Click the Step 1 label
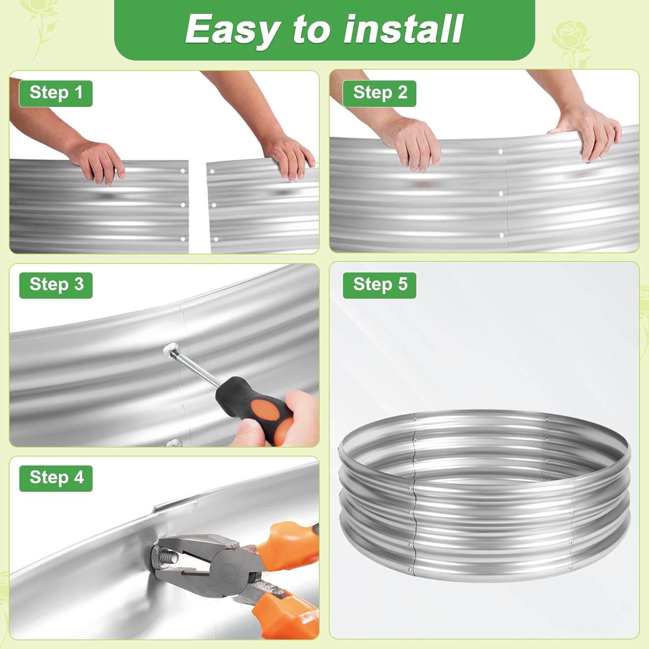tap(56, 93)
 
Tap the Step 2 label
tap(379, 93)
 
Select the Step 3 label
tap(56, 285)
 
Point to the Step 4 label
tap(56, 478)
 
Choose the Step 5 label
tap(379, 285)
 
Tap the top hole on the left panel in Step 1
tap(183, 171)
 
